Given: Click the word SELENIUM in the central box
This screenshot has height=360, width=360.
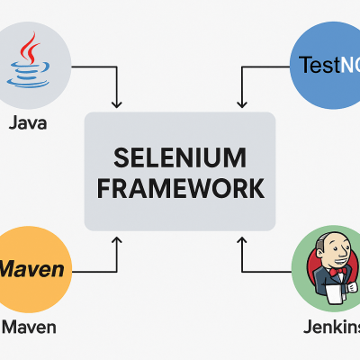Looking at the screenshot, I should point(180,157).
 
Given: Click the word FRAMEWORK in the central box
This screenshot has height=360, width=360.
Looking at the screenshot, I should point(180,189).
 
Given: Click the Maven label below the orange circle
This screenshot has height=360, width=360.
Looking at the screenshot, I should point(29,326).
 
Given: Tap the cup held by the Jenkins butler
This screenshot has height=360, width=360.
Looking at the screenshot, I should point(352,286).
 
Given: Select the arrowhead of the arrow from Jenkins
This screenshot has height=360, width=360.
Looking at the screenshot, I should point(239,239).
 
